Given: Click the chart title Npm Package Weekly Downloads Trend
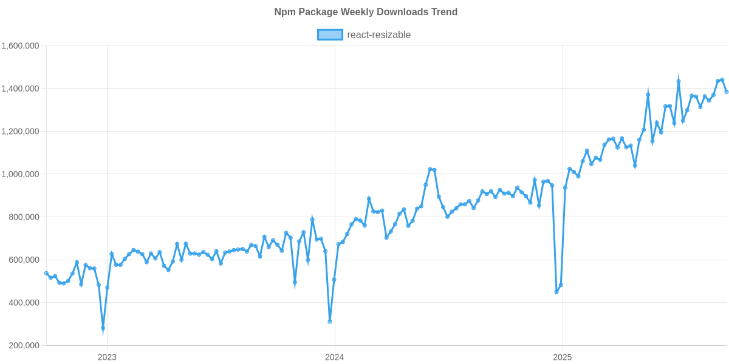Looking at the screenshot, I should pyautogui.click(x=365, y=12).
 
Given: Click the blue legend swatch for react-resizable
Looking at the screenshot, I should pyautogui.click(x=330, y=35).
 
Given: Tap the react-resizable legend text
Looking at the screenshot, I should pyautogui.click(x=378, y=35).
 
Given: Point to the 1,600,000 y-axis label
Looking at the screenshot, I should pyautogui.click(x=21, y=46).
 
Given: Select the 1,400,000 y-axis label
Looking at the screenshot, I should pyautogui.click(x=21, y=89).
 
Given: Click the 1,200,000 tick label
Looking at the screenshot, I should pyautogui.click(x=21, y=132).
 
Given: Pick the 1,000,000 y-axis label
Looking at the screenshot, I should pyautogui.click(x=21, y=174).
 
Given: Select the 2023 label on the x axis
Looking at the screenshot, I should pyautogui.click(x=107, y=357).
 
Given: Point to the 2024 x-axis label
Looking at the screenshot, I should pyautogui.click(x=334, y=357).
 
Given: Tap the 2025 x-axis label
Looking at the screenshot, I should pyautogui.click(x=562, y=357).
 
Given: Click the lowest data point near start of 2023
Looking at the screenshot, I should pyautogui.click(x=103, y=328).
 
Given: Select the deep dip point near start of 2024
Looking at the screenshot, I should pyautogui.click(x=330, y=322).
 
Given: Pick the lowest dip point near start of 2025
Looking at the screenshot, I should pyautogui.click(x=556, y=292).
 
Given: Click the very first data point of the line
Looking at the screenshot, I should pyautogui.click(x=46, y=273).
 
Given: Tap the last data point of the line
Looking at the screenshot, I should pyautogui.click(x=727, y=92).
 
